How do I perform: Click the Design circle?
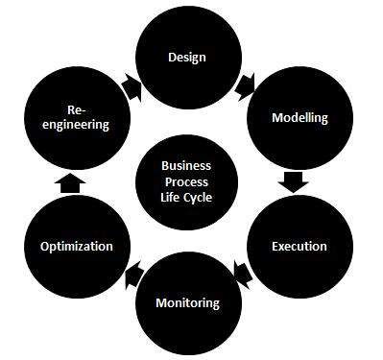pos(187,57)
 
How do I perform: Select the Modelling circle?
pos(300,118)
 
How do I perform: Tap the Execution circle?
pos(299,246)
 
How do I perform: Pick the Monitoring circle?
pos(187,302)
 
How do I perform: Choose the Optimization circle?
pos(77,246)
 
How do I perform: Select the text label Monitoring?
pos(187,302)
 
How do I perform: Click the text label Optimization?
pos(77,246)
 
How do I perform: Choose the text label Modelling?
pos(300,118)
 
